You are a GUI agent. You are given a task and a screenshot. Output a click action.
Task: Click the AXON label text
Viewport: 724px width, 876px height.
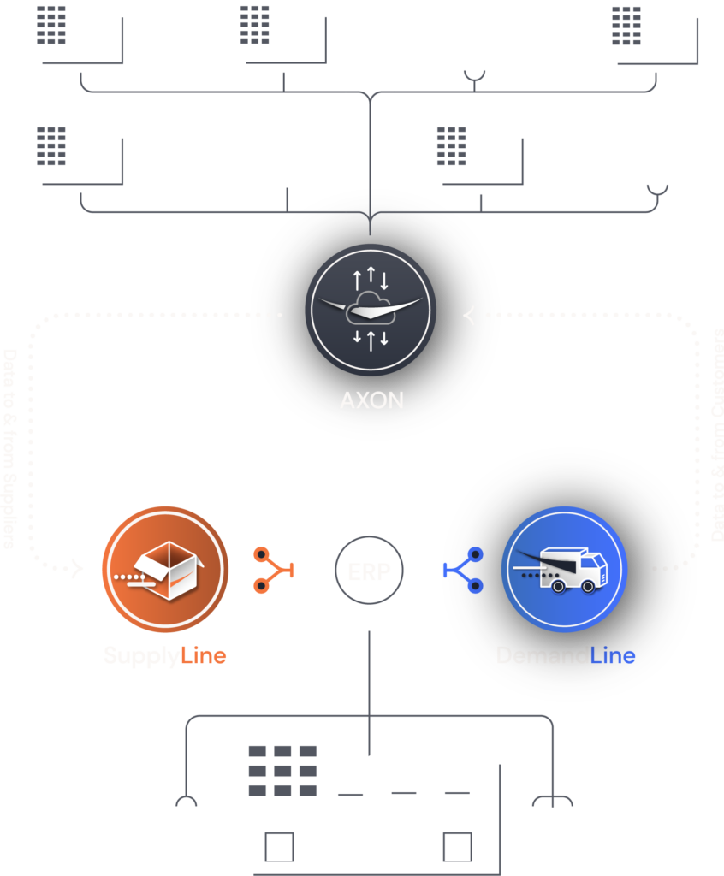point(371,400)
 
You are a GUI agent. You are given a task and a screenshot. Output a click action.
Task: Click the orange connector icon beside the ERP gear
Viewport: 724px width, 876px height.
point(273,571)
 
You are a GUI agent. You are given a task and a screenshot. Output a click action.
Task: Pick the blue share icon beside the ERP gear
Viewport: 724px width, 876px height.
point(463,571)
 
